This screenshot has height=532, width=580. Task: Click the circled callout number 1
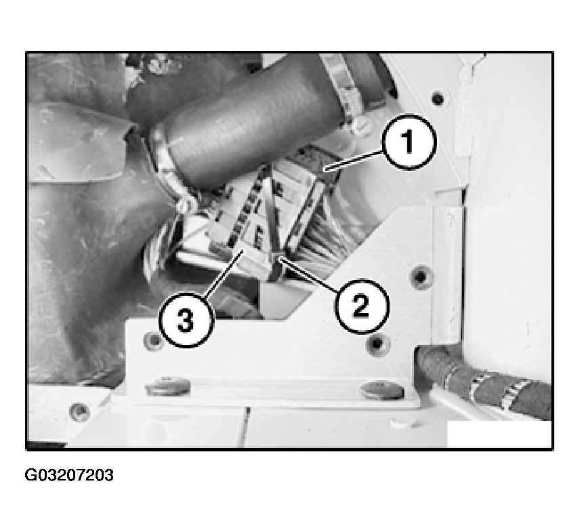click(x=409, y=142)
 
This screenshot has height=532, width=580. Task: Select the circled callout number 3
click(x=186, y=320)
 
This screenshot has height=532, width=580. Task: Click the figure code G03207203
click(x=69, y=475)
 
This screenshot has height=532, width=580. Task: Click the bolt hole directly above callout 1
click(x=437, y=98)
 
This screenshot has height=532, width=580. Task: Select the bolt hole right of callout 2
click(x=420, y=276)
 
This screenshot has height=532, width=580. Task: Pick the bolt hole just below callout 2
click(x=377, y=344)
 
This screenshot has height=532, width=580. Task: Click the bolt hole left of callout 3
click(x=152, y=341)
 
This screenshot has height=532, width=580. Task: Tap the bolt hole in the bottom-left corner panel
click(x=79, y=411)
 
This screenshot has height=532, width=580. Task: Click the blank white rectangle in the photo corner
click(x=499, y=434)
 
